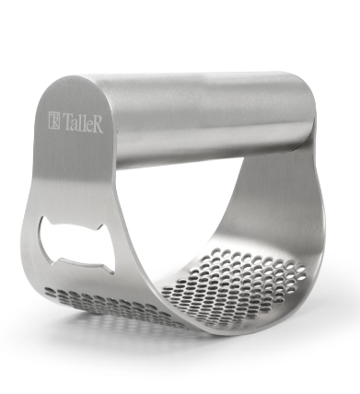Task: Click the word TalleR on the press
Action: tap(83, 122)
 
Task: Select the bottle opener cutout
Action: tap(76, 244)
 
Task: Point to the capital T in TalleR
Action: tap(66, 122)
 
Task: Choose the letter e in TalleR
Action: tap(88, 126)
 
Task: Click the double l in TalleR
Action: tap(81, 123)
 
